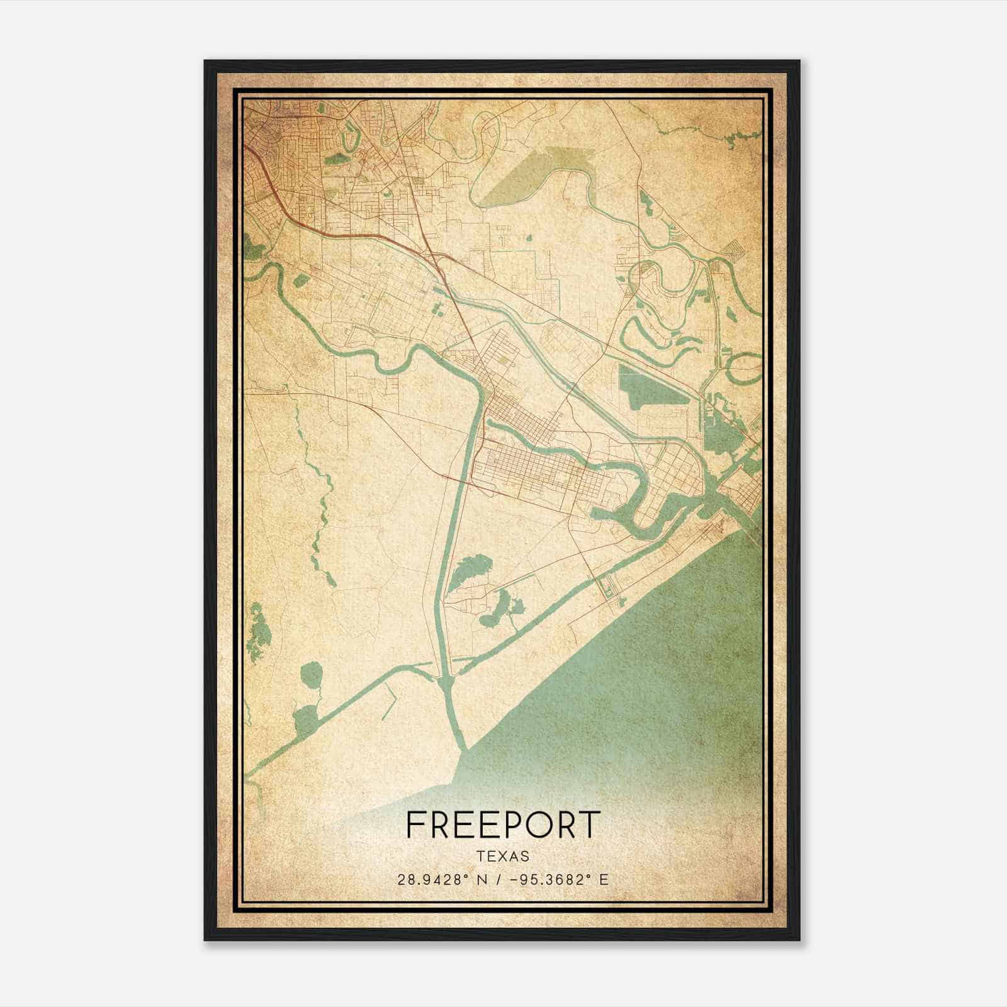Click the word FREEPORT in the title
(503, 824)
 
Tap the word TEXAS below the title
(503, 857)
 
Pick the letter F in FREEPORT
(415, 824)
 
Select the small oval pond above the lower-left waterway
(311, 675)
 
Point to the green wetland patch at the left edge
(258, 633)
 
